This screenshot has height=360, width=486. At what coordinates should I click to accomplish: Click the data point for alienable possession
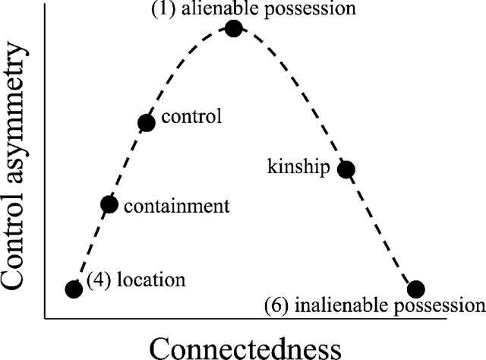click(x=233, y=28)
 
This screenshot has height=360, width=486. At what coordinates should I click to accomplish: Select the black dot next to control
click(x=147, y=123)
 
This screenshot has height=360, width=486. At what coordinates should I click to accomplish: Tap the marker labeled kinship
click(x=346, y=169)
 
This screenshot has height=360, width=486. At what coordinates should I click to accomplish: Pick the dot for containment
click(x=109, y=204)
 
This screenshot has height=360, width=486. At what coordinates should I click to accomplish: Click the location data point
click(x=74, y=289)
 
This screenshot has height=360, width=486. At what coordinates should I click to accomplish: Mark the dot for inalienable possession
click(x=415, y=289)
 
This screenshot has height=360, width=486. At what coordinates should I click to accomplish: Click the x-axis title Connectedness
click(x=244, y=346)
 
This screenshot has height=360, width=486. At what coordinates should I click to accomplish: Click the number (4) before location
click(x=97, y=279)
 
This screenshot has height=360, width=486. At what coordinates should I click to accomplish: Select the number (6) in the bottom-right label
click(x=275, y=306)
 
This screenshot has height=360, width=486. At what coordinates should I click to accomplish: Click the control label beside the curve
click(x=191, y=118)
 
